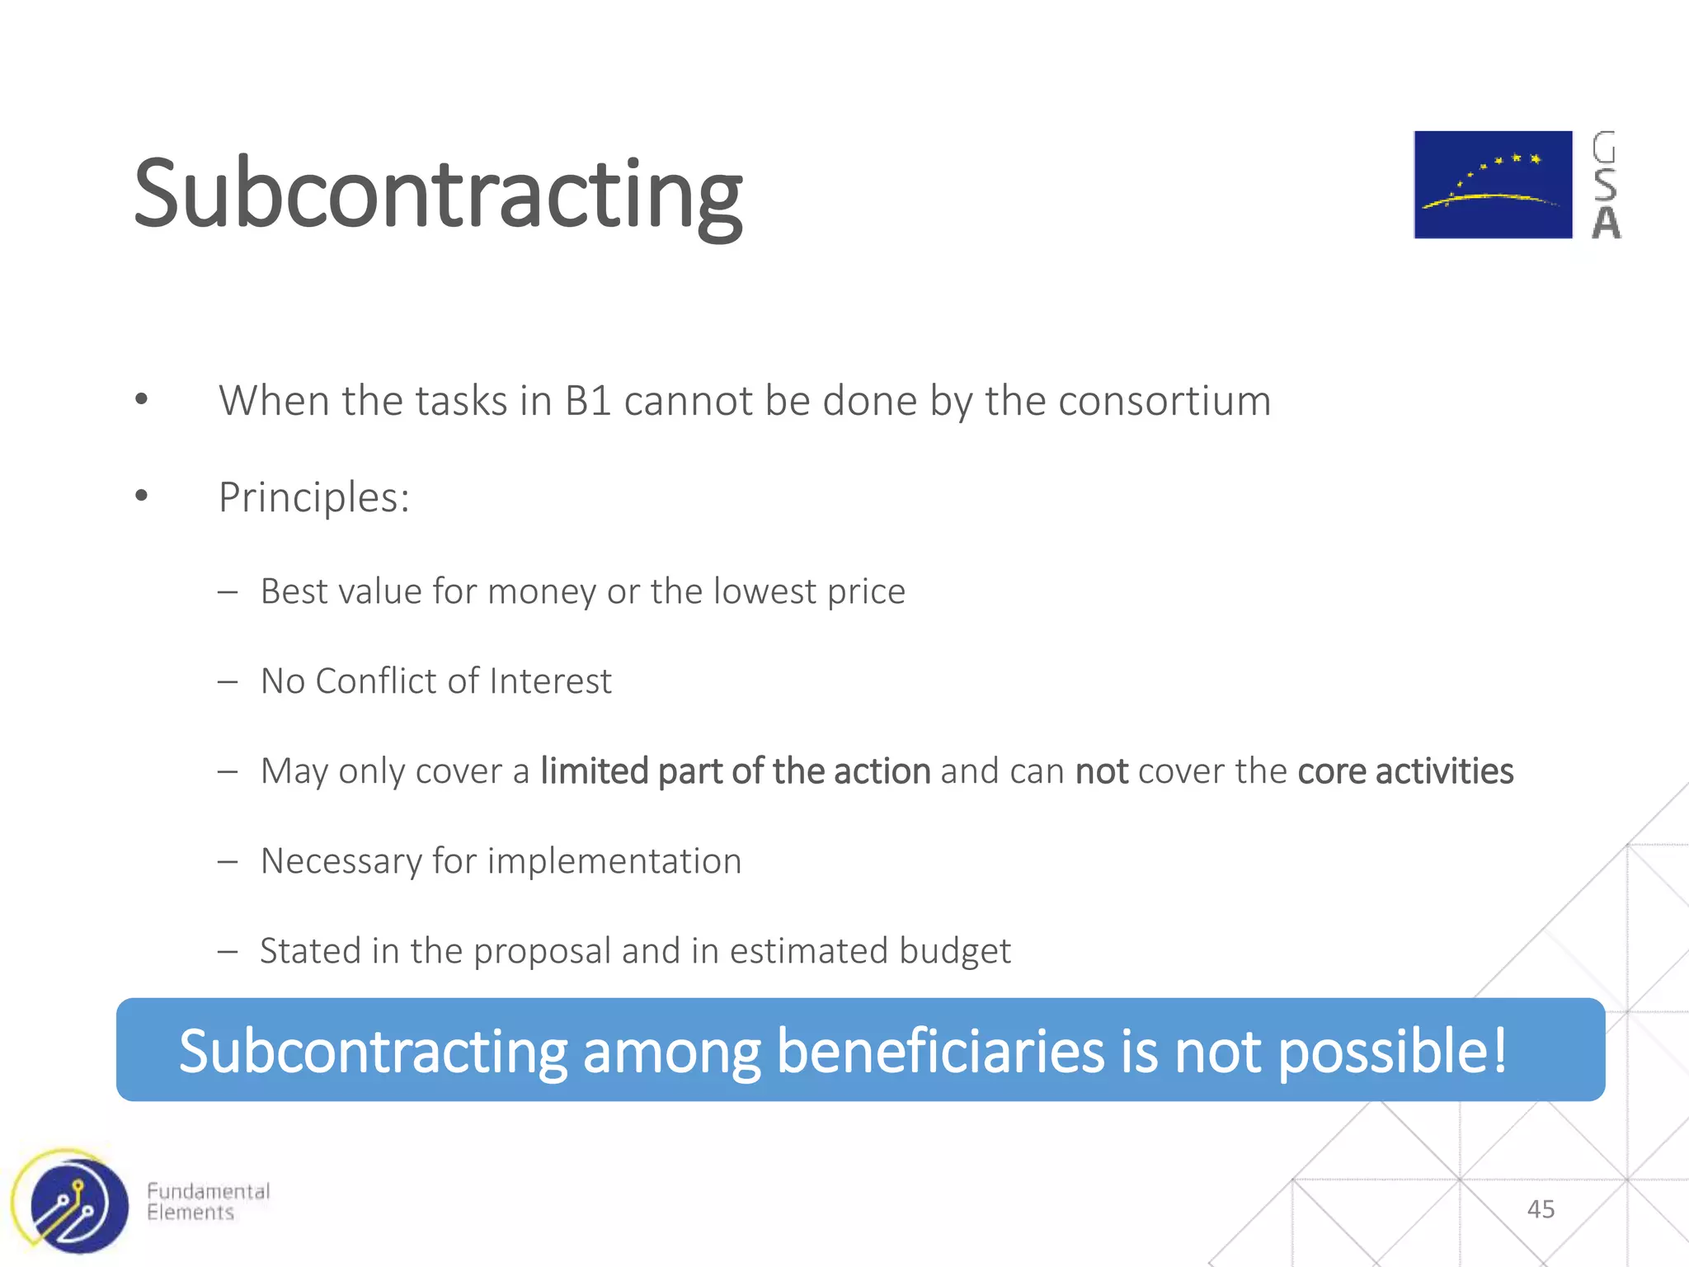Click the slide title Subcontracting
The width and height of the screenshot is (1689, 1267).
point(437,196)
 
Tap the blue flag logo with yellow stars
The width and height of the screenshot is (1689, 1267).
point(1493,185)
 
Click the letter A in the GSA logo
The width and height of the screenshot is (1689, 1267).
point(1606,224)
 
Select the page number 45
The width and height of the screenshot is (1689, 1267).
point(1541,1209)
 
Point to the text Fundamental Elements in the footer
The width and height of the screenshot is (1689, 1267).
point(208,1202)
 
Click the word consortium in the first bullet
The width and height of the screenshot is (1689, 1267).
point(1164,402)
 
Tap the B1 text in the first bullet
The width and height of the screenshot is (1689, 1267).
point(587,402)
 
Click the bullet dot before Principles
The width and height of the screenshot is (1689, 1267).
point(142,496)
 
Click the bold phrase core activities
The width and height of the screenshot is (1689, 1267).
point(1405,772)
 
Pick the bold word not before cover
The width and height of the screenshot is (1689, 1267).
point(1101,772)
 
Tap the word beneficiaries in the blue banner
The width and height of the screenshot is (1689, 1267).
point(940,1052)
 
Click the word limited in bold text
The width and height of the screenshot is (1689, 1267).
point(594,772)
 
